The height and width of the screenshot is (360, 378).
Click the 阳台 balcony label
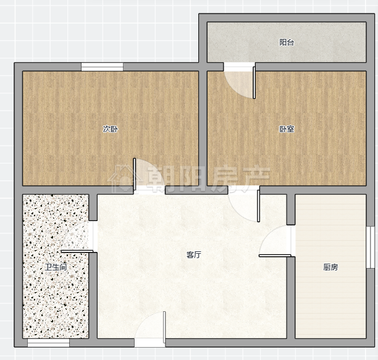pos(287,43)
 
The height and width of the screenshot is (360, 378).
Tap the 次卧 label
pos(111,129)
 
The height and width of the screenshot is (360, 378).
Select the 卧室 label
pos(287,129)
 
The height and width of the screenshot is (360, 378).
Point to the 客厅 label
pos(194,254)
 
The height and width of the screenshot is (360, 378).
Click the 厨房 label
pos(330,267)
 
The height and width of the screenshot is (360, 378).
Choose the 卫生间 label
pos(56,267)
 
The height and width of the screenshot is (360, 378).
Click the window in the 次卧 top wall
pos(102,67)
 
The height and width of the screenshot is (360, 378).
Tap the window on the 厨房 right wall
pos(371,247)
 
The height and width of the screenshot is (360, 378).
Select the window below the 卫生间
pos(48,343)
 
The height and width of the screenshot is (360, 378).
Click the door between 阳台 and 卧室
pos(254,83)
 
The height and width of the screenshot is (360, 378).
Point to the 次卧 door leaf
pos(135,174)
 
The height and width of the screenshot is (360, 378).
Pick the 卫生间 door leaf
pos(77,251)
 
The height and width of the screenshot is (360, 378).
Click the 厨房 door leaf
pos(275,256)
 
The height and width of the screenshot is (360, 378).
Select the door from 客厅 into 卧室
pos(258,206)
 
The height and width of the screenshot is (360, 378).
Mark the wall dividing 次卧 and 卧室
pos(203,128)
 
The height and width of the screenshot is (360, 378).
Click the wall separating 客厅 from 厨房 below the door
pos(291,298)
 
